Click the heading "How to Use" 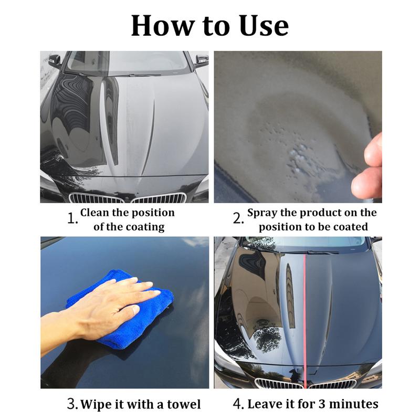(210, 25)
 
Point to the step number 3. (72, 404)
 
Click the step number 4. (238, 404)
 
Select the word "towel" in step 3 (182, 404)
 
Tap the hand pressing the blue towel (105, 304)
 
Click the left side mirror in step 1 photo (54, 61)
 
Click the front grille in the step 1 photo (129, 198)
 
